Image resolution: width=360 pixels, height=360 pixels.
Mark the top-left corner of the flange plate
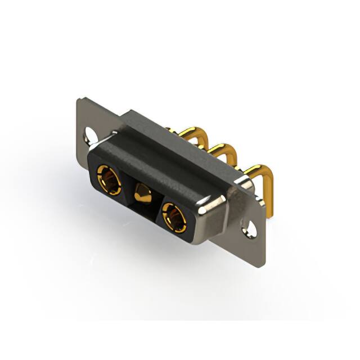[x=79, y=100]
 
